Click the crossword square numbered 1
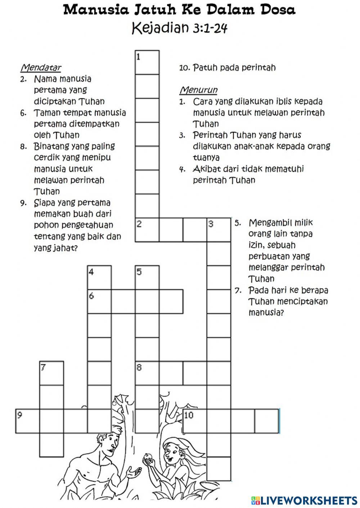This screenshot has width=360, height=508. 147,62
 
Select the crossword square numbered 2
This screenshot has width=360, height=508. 147,230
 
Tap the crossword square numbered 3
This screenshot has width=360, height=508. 219,230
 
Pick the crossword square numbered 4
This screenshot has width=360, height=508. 99,277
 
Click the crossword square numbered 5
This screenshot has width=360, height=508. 147,277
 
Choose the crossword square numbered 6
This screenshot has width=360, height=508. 99,301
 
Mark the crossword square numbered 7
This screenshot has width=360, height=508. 51,373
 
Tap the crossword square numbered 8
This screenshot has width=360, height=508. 147,373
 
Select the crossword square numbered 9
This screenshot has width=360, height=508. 27,421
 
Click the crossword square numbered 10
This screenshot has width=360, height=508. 195,421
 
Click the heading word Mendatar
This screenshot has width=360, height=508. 41,67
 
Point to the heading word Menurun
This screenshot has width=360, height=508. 198,90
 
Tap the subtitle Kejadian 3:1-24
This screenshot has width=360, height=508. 180,28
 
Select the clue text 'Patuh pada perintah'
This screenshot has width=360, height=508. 234,67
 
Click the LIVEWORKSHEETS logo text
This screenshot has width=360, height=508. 308,500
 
